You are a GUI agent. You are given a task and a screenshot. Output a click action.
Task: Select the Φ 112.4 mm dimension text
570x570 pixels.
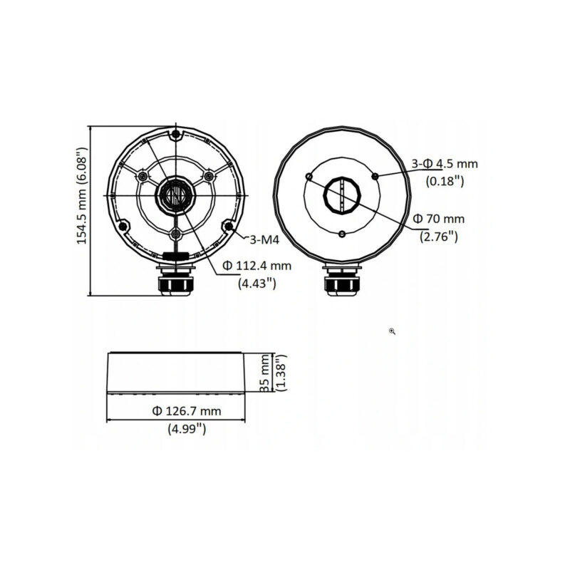click(x=257, y=266)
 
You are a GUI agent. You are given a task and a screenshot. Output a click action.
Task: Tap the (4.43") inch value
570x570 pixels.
click(x=256, y=283)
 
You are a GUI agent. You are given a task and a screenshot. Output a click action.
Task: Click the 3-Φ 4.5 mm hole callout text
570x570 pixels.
click(x=445, y=164)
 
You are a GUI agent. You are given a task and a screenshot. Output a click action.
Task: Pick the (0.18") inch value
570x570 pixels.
click(x=445, y=181)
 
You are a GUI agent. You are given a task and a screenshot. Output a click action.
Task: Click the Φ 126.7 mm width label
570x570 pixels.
click(x=186, y=411)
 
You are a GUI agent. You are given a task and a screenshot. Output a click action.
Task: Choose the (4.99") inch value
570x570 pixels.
click(x=187, y=429)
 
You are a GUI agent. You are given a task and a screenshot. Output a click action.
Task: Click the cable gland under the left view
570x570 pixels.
click(x=175, y=281)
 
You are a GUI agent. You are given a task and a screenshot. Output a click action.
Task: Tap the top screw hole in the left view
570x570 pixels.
click(x=175, y=134)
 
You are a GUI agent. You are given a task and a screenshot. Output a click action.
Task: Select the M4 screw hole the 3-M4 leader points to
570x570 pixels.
click(x=228, y=227)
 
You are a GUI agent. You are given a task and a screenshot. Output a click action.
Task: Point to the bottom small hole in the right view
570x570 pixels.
click(x=343, y=234)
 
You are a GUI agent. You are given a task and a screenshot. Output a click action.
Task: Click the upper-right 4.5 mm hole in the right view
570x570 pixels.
click(x=375, y=175)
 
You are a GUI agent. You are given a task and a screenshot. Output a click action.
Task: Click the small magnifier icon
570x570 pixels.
click(x=393, y=331)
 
